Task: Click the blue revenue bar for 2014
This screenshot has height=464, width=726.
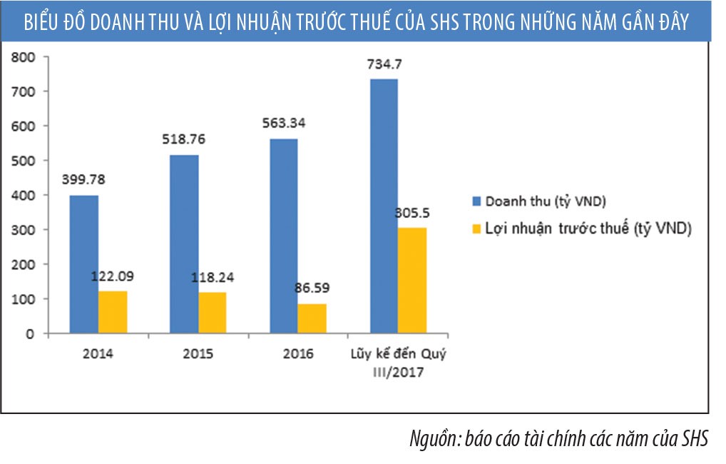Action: (x=83, y=264)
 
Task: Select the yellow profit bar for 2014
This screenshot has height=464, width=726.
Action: (x=113, y=312)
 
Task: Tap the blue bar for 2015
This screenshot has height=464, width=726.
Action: (x=184, y=243)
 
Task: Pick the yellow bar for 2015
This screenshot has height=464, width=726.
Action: (x=213, y=313)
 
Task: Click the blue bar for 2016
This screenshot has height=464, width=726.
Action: (x=283, y=236)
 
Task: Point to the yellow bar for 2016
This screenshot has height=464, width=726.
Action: (x=312, y=318)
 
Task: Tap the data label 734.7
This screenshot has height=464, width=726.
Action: (x=384, y=65)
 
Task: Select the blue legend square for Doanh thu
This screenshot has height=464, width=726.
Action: (x=476, y=201)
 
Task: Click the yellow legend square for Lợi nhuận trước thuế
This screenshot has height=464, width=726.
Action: (x=476, y=229)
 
